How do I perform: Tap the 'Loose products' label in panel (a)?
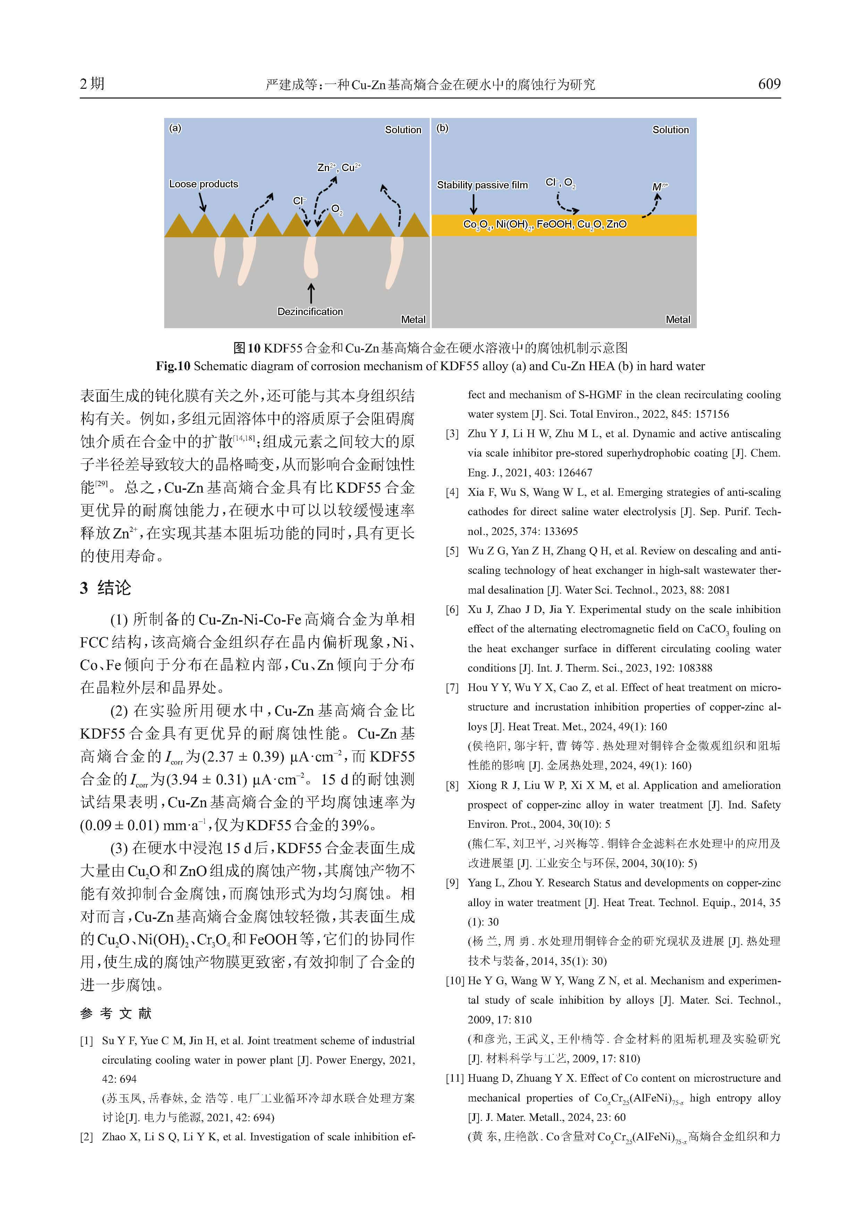(x=204, y=184)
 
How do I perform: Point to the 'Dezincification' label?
(x=310, y=312)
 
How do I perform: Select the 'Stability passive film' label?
(x=482, y=185)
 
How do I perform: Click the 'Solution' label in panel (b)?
(x=670, y=130)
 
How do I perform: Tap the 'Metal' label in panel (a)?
(x=413, y=320)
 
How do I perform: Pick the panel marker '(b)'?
(x=442, y=128)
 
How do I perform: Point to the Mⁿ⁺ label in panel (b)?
(x=659, y=187)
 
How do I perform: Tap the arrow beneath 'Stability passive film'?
(x=473, y=204)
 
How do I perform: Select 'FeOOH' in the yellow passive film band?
(x=554, y=224)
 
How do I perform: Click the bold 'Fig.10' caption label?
(x=172, y=366)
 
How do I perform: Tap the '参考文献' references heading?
(x=116, y=1013)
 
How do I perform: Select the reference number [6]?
(x=452, y=610)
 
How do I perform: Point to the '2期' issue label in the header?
(x=92, y=84)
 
